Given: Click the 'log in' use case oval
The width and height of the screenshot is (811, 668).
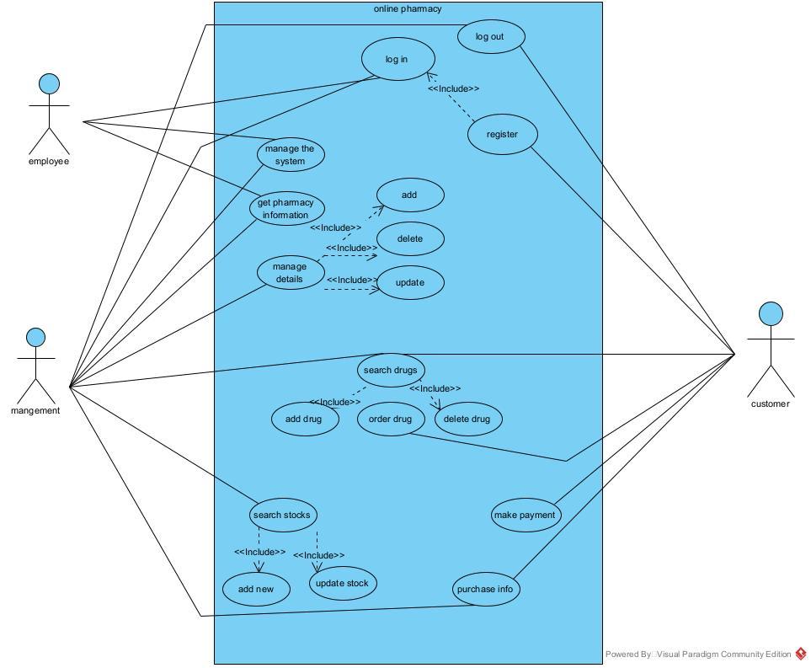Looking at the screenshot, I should click(397, 59).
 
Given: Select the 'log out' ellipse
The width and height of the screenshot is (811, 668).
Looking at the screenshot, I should click(492, 36).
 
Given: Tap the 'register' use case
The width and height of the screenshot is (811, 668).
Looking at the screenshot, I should click(502, 135).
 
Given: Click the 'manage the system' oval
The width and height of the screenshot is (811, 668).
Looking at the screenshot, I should click(290, 155).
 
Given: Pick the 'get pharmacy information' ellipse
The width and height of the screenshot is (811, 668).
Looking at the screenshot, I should click(286, 208).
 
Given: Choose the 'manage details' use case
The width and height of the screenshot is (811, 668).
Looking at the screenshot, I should click(290, 273).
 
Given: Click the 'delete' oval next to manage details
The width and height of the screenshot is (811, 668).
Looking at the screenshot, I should click(410, 239).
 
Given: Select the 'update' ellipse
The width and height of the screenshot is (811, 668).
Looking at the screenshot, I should click(409, 282).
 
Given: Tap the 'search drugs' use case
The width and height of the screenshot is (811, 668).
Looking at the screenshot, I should click(391, 370).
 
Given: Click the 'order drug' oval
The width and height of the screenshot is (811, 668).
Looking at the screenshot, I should click(391, 420).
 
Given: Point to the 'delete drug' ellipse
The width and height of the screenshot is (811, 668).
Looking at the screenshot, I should click(467, 420).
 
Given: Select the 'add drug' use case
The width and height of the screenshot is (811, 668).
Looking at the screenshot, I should click(305, 420).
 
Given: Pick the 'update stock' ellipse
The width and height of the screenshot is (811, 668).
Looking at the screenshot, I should click(342, 583).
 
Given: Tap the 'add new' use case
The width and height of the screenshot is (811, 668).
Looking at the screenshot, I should click(256, 589).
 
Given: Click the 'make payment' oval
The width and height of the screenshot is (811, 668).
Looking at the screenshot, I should click(526, 515).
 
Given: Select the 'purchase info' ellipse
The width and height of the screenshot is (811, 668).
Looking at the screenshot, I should click(485, 589).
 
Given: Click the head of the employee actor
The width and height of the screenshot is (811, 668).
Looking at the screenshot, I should click(50, 83).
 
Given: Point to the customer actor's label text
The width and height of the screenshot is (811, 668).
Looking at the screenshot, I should click(771, 404).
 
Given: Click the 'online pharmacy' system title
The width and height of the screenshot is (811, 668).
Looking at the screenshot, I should click(408, 9).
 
